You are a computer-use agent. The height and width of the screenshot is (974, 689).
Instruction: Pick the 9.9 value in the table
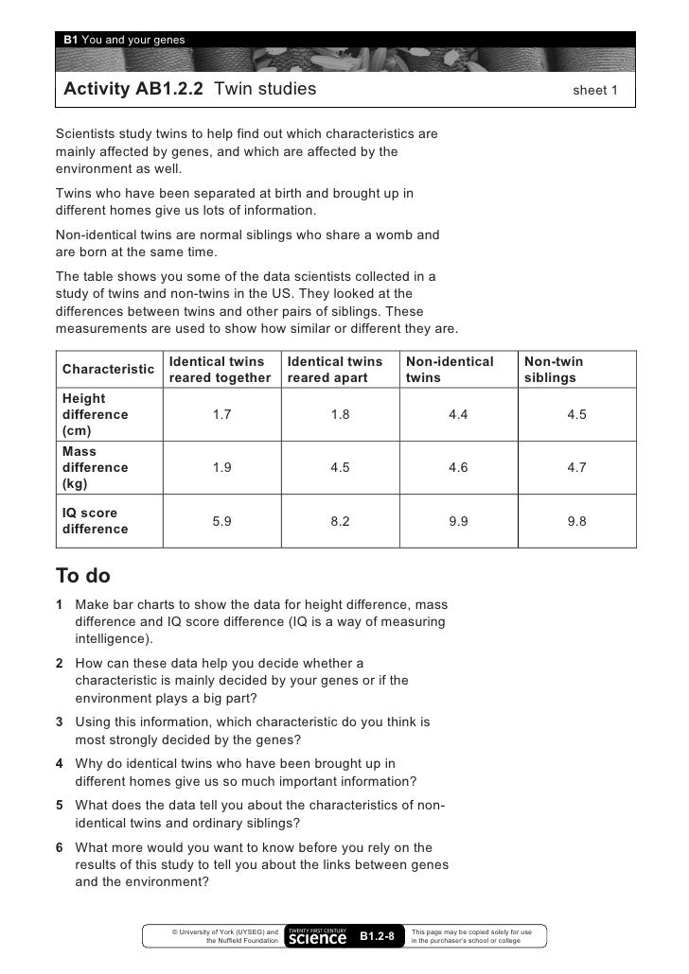458,521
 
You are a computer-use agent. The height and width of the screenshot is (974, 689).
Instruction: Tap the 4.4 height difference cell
458,414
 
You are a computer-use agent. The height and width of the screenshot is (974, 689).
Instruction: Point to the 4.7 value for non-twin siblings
576,467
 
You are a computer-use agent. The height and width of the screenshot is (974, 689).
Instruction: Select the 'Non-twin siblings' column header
554,370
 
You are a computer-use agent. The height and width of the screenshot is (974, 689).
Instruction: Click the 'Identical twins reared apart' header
335,370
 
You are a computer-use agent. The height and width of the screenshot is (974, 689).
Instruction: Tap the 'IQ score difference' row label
94,521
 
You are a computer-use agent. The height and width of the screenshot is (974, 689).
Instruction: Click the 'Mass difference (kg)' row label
94,467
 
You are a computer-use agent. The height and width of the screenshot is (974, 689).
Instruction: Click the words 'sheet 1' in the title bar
594,92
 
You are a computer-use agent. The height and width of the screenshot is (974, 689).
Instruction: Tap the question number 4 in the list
60,763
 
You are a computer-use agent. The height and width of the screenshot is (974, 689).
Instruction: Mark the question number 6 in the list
60,847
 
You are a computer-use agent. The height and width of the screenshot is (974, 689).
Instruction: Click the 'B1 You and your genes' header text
124,39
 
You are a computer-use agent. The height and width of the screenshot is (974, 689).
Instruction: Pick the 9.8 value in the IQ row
576,521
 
